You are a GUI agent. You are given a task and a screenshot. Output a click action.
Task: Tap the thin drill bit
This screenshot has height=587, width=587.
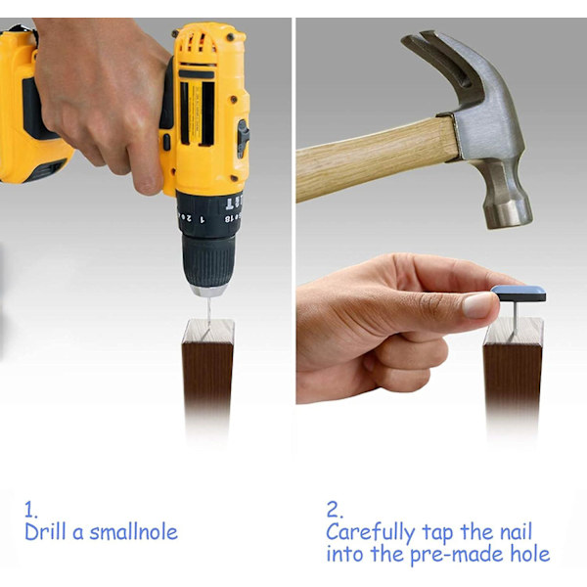point(209,311)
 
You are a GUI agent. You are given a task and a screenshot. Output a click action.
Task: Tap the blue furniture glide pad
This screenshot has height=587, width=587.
point(519,293)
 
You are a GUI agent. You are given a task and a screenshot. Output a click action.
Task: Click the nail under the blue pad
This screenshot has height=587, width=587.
point(516,317)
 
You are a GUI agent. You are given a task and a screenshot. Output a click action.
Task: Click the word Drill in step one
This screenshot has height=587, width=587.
point(45,531)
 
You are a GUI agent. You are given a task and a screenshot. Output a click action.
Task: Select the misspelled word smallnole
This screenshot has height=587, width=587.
point(134,532)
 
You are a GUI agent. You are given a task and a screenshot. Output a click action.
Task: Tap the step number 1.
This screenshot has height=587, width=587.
point(30,510)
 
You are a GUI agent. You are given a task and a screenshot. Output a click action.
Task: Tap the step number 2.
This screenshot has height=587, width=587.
point(335,510)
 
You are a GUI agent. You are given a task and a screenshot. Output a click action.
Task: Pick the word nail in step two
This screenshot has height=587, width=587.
point(516,531)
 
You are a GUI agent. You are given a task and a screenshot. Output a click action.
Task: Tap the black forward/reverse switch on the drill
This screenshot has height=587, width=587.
point(243,138)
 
